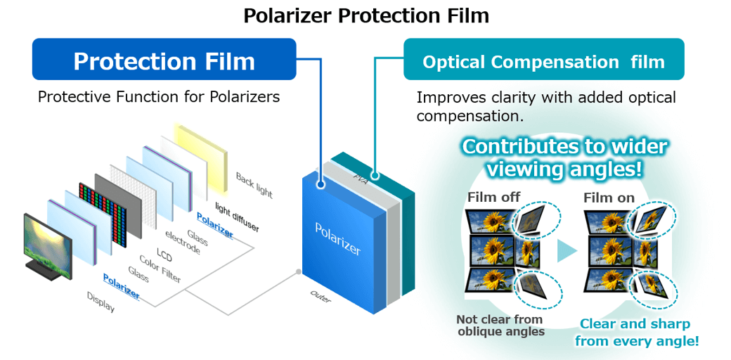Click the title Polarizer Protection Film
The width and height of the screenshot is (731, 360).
point(365,15)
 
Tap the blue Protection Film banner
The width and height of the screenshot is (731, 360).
point(164,61)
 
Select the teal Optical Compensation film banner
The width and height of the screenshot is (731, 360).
point(543,62)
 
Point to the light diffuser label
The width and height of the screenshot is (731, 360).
point(237,217)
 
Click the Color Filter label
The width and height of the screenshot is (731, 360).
point(160,268)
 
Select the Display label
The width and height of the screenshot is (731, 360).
point(101,301)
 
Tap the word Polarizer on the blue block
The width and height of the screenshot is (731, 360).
point(337,239)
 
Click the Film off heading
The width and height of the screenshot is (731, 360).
point(493,198)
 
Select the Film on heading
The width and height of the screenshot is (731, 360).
point(609,198)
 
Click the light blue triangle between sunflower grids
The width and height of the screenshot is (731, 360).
point(567,250)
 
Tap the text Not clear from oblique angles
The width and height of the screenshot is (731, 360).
point(500,325)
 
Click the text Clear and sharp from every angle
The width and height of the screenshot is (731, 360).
point(636,333)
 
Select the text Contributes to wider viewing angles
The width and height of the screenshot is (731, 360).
point(564,157)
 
